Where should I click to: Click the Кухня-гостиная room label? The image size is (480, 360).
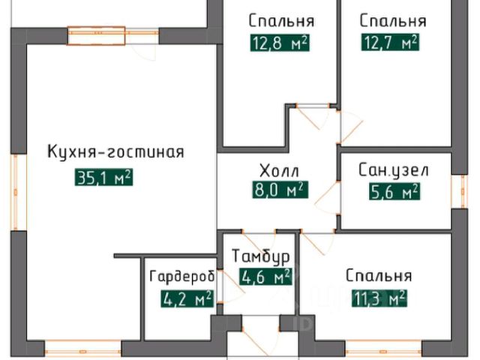click(x=115, y=152)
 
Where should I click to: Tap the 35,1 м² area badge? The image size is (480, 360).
click(x=104, y=178)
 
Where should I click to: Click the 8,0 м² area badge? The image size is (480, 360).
click(x=280, y=190)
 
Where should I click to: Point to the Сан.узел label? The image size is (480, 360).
click(x=394, y=170)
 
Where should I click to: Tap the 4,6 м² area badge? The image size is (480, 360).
click(x=265, y=278)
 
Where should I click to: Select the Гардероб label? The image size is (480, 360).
click(x=181, y=276)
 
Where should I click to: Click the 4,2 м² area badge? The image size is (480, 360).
click(x=187, y=300)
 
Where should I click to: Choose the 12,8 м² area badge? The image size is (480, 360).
click(x=280, y=43)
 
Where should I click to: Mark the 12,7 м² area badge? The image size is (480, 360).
click(x=389, y=43)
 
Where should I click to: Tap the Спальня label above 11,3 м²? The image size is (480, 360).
click(x=379, y=275)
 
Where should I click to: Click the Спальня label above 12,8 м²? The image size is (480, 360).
click(x=280, y=20)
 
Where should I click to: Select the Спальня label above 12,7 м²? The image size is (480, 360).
click(x=392, y=20)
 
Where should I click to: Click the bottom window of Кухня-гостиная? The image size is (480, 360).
click(x=83, y=348)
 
